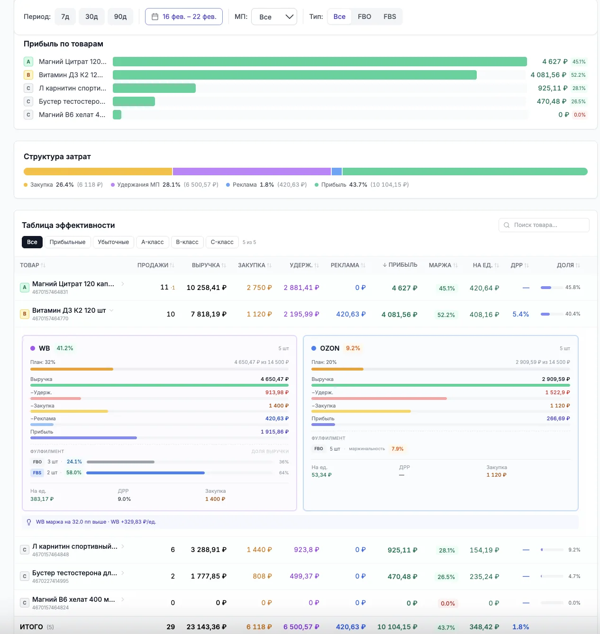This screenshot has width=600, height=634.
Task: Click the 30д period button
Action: pyautogui.click(x=91, y=17)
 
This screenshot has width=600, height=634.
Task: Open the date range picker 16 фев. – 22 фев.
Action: pyautogui.click(x=183, y=17)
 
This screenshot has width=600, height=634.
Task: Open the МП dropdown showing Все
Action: pyautogui.click(x=274, y=17)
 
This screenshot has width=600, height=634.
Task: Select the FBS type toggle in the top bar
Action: pyautogui.click(x=390, y=17)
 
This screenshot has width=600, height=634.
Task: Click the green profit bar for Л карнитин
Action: pyautogui.click(x=154, y=88)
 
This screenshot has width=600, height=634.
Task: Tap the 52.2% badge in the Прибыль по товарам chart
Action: pyautogui.click(x=578, y=75)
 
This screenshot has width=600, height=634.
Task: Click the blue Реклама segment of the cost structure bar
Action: pyautogui.click(x=336, y=172)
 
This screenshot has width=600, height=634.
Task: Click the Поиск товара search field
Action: pyautogui.click(x=544, y=225)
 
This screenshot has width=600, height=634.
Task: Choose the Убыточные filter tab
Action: pyautogui.click(x=113, y=242)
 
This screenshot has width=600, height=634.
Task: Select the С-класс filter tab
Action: pyautogui.click(x=222, y=242)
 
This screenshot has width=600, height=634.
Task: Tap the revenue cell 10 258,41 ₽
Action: pyautogui.click(x=207, y=287)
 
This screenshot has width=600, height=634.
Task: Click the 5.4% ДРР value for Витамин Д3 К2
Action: pyautogui.click(x=521, y=314)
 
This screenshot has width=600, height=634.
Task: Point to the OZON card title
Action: pyautogui.click(x=329, y=348)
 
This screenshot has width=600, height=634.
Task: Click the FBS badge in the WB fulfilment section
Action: pyautogui.click(x=37, y=473)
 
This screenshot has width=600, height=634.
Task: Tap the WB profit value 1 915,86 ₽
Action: pyautogui.click(x=274, y=432)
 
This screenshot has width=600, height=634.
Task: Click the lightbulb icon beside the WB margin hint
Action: pyautogui.click(x=29, y=522)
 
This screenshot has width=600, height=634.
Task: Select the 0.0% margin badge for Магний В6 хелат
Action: pyautogui.click(x=447, y=603)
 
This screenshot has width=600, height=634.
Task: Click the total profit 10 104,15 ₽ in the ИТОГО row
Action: pyautogui.click(x=397, y=627)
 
